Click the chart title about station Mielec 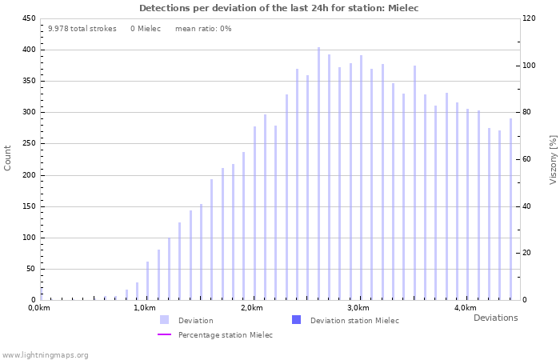coord(278,8)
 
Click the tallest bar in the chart coord(318,174)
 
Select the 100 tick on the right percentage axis coord(529,65)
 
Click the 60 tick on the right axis coord(527,159)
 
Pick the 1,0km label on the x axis coord(145,308)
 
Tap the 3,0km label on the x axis coord(358,308)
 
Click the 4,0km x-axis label coord(465,308)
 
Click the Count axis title coord(8,158)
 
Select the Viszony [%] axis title coord(553,159)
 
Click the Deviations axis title coord(495,318)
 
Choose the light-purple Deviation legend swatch coord(164,320)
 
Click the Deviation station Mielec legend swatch coord(296,320)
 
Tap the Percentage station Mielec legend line coord(164,335)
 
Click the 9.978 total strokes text coord(82,29)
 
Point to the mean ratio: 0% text coord(203,29)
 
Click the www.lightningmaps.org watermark coord(45,354)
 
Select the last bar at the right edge coord(510,210)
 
